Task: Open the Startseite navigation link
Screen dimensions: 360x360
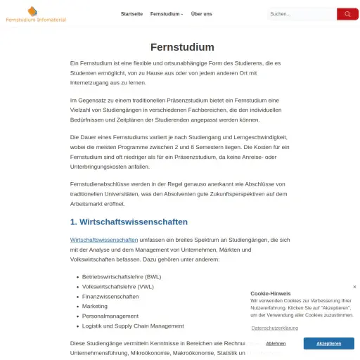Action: tap(131, 14)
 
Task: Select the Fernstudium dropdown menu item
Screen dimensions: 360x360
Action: tap(166, 14)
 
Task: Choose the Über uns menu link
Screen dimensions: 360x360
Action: tap(202, 14)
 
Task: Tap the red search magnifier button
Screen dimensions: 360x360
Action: tap(347, 14)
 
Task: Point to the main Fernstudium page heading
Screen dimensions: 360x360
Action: tap(182, 47)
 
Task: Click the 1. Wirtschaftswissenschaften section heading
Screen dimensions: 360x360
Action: tap(129, 222)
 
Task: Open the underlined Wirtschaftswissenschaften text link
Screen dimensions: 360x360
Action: tap(104, 240)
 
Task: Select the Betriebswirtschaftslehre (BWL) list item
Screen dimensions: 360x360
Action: tap(122, 277)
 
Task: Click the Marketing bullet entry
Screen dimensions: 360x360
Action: tap(95, 307)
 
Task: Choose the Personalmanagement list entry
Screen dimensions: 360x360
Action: tap(111, 316)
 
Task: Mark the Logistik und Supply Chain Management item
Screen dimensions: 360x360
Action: tap(133, 326)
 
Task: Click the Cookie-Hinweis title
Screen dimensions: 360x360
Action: tap(270, 293)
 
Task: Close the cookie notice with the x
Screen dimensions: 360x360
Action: tap(354, 287)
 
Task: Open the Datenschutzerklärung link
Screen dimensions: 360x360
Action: tap(274, 328)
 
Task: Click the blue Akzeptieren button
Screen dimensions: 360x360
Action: tap(328, 343)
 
